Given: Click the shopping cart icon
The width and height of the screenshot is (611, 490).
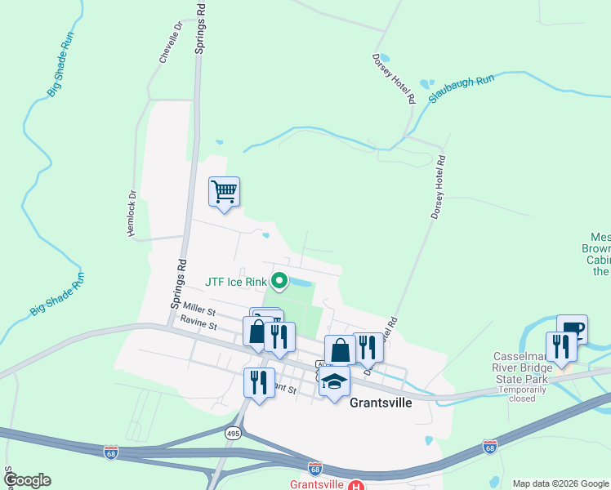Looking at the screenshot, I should pos(224,192).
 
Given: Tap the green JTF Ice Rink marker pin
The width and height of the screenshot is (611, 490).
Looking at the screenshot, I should pos(279,283).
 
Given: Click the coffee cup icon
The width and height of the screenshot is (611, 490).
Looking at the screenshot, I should pos(572,330).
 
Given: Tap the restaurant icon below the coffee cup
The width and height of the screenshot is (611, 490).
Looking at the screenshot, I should pos(561,346).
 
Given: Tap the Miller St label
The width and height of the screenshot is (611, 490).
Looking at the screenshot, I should pos(198,308).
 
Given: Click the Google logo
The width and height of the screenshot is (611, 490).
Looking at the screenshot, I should pos(27,480).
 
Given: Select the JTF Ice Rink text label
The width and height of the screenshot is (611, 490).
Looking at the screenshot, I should pos(236,283).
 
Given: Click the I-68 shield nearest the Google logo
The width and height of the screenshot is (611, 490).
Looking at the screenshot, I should pos(111,452).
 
